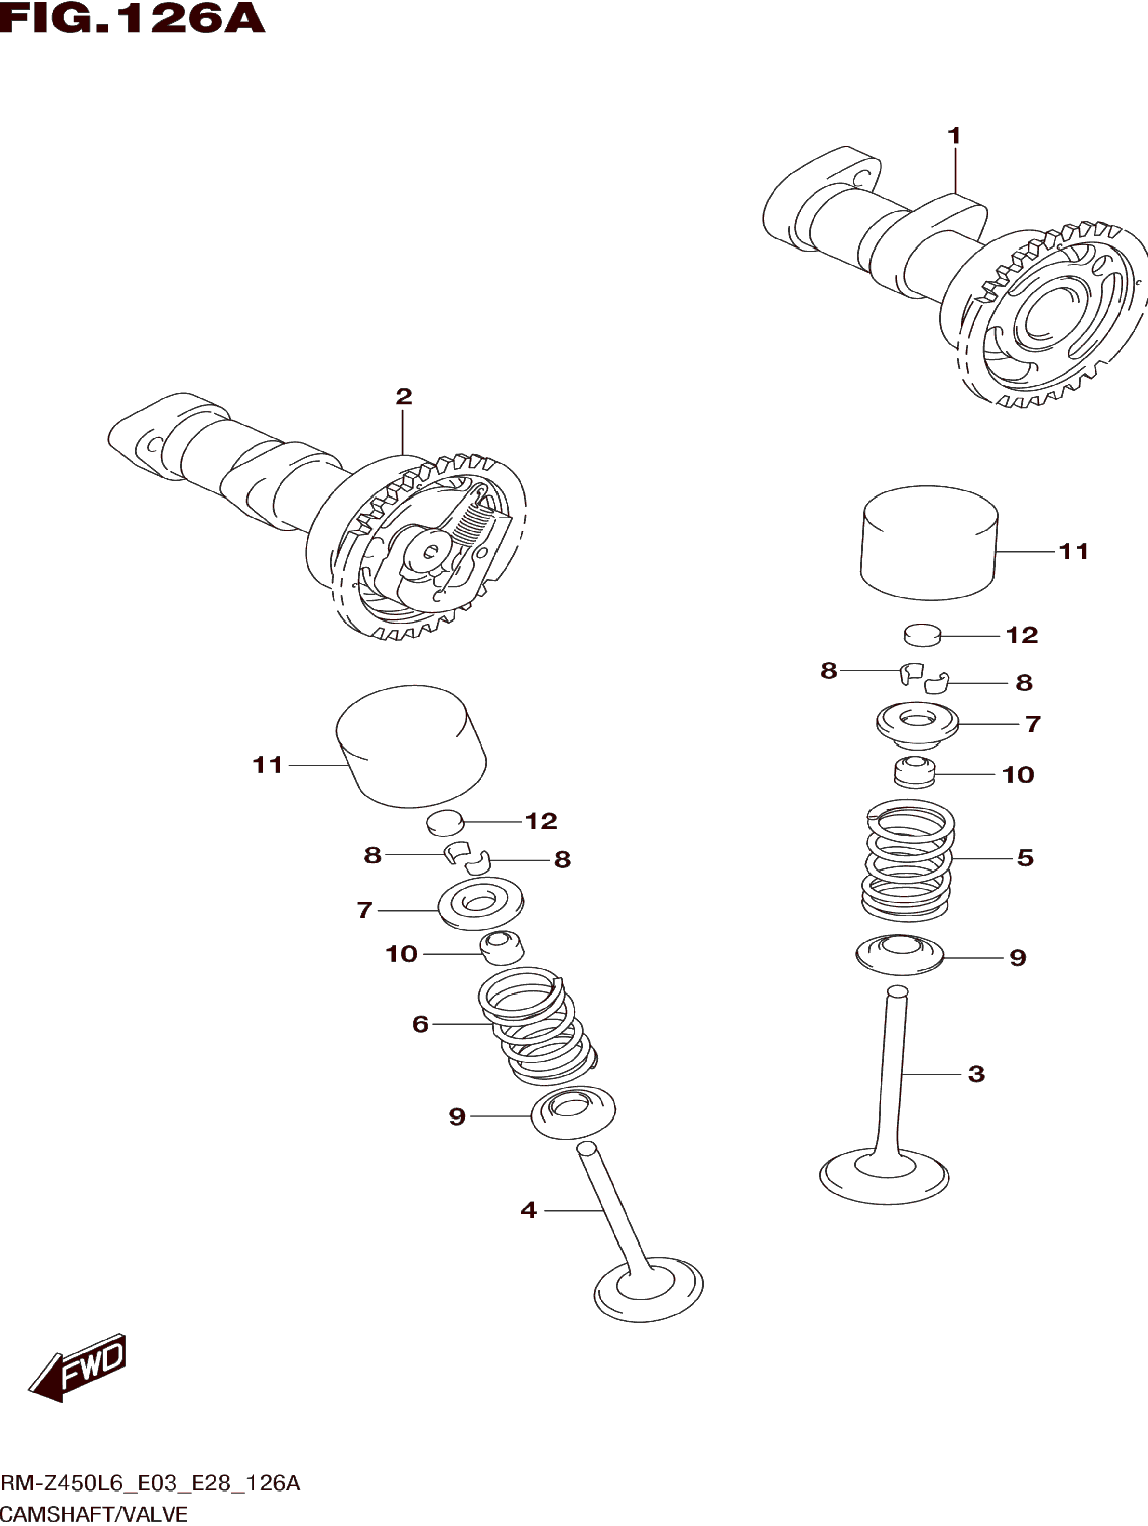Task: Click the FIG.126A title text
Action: [133, 19]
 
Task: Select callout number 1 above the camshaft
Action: [954, 136]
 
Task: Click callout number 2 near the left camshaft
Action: [403, 396]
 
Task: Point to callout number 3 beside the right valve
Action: [975, 1074]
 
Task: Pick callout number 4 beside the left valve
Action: [529, 1209]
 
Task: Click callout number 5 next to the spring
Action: [1025, 858]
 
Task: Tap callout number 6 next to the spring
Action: [420, 1024]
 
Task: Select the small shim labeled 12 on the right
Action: [922, 635]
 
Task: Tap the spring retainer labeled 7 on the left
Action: [481, 904]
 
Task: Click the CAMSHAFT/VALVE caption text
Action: [94, 1514]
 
